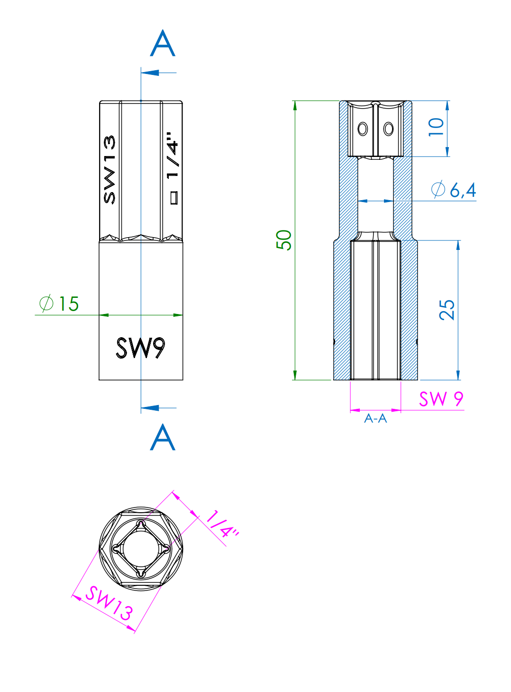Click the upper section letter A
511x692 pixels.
(x=163, y=44)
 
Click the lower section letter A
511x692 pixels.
(x=163, y=437)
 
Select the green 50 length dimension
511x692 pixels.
(x=284, y=240)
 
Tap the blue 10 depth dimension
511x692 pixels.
(x=436, y=127)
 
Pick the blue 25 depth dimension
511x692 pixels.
(x=447, y=310)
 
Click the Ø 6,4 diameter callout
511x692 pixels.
(x=454, y=190)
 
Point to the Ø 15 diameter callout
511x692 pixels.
(x=59, y=304)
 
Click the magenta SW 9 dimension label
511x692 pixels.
(x=441, y=399)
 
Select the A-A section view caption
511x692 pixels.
(x=375, y=418)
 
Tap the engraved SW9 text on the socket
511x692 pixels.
(x=141, y=348)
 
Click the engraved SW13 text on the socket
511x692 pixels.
(x=109, y=170)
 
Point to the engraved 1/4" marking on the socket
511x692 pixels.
(x=173, y=156)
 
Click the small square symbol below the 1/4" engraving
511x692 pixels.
(x=174, y=198)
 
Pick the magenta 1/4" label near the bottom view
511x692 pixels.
(x=222, y=524)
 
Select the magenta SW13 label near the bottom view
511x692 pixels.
(x=109, y=603)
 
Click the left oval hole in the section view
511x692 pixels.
(x=363, y=129)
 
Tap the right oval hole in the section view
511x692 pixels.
(x=388, y=129)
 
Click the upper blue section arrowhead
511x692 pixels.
(x=150, y=73)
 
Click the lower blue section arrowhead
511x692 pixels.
(x=150, y=408)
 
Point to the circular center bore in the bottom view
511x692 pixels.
(x=141, y=549)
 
